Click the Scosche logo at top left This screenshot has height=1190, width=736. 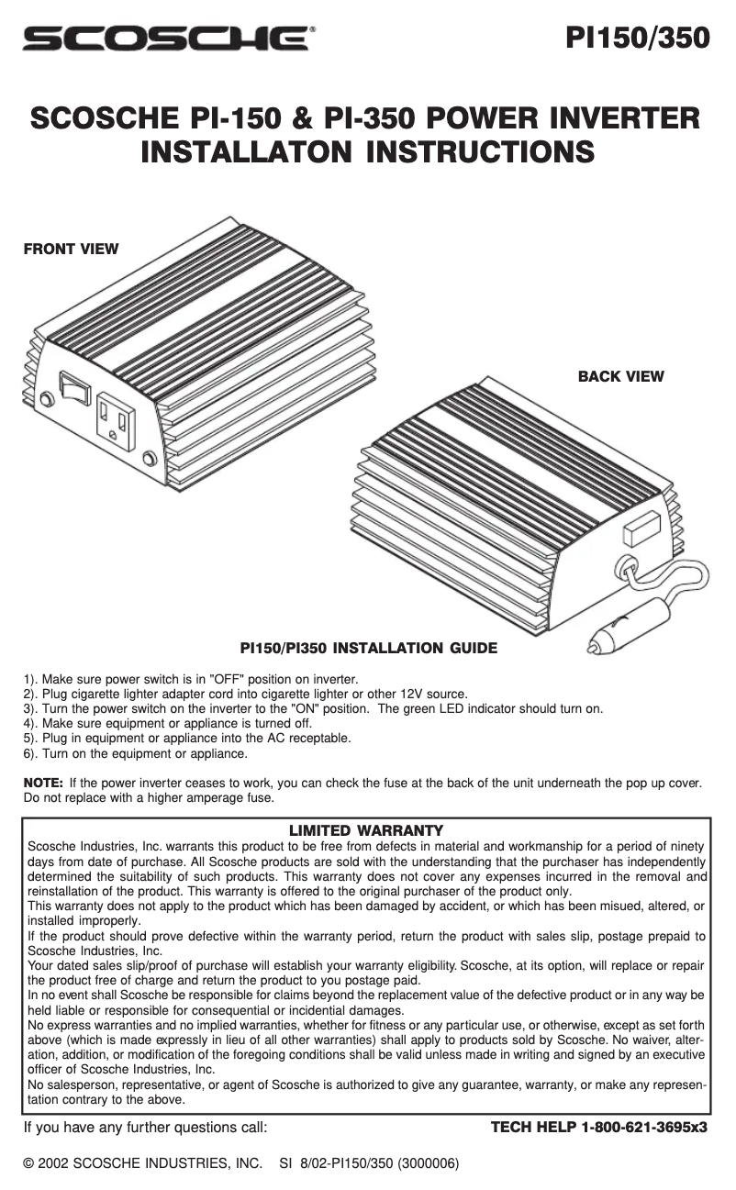[166, 39]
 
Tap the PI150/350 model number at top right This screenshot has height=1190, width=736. [638, 38]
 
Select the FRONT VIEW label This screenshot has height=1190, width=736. [72, 249]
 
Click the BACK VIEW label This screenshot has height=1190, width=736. [620, 376]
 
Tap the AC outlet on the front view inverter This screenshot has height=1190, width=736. [116, 421]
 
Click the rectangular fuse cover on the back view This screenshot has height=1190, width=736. [642, 528]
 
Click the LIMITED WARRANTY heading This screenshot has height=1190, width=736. [366, 830]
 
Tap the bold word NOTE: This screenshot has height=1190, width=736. [43, 783]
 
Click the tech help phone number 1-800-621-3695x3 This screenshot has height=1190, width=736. [644, 1127]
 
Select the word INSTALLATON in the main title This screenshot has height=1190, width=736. [247, 151]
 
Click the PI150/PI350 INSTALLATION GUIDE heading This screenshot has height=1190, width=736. [369, 648]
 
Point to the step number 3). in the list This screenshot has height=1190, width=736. [31, 708]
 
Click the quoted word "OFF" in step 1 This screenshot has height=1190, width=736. [228, 679]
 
